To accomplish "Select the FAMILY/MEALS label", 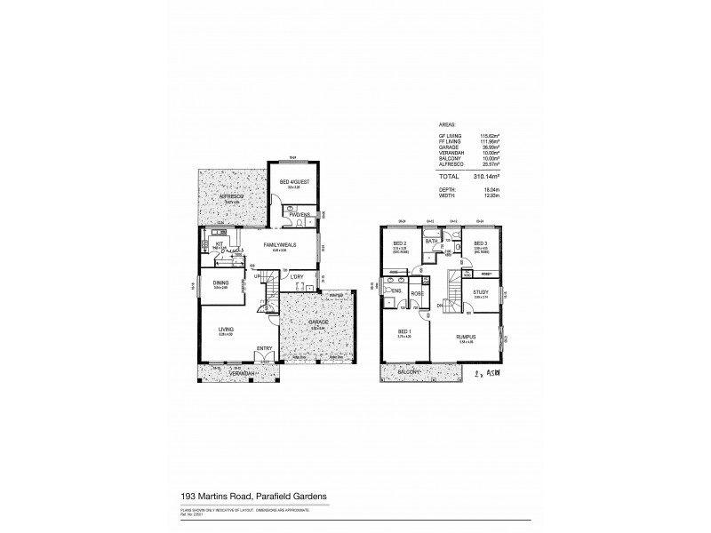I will coord(280,243).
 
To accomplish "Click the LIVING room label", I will coord(227,330).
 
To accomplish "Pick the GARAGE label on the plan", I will coord(319,322).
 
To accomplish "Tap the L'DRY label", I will coord(298,276).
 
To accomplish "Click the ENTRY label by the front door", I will coord(265,348).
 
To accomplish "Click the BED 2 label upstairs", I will coord(399,243).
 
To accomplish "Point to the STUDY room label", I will coord(481,290).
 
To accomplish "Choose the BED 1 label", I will coord(403,335).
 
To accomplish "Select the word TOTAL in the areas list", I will coord(449,178).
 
